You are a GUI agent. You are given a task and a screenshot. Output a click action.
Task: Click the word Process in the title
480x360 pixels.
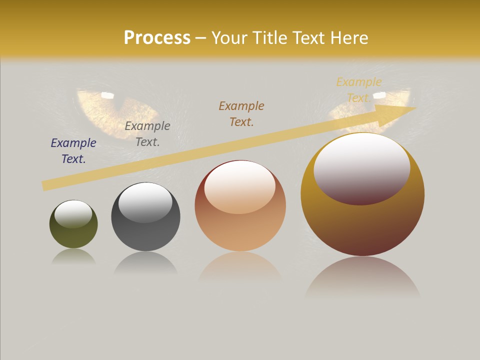[x=157, y=38]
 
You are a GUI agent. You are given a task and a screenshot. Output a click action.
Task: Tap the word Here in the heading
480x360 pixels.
[x=349, y=38]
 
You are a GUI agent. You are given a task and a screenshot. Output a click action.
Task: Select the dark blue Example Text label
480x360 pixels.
[x=73, y=151]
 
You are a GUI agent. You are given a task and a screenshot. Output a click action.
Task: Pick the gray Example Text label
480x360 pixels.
[x=147, y=134]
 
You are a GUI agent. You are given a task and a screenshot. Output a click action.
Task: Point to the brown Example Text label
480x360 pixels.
[x=241, y=113]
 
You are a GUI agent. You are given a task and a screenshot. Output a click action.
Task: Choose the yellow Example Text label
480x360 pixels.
[x=358, y=90]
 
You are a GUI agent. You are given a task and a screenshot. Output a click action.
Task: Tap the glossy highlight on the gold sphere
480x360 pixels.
[x=361, y=167]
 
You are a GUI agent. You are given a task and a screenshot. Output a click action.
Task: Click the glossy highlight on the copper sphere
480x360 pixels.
[x=240, y=186]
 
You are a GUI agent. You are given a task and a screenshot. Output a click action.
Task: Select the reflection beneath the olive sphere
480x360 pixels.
[x=74, y=257]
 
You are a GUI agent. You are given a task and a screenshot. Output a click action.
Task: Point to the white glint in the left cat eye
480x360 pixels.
[x=107, y=94]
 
